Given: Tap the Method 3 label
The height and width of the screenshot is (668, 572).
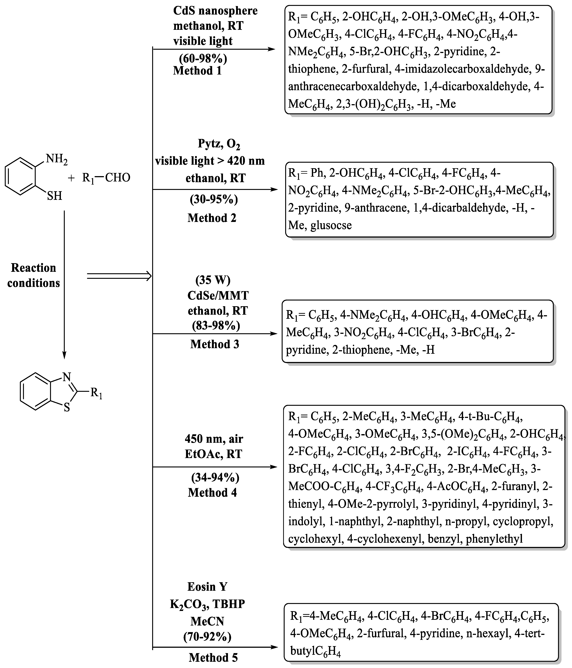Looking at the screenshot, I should click(x=215, y=344).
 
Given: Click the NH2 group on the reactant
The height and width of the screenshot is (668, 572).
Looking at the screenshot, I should click(x=57, y=159).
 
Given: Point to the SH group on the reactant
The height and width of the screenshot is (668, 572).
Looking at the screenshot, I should click(x=54, y=196).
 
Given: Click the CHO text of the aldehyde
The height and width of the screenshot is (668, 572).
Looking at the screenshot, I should click(x=118, y=178).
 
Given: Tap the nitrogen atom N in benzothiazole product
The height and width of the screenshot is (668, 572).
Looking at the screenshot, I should click(x=67, y=377).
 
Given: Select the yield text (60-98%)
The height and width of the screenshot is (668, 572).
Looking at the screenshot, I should click(x=203, y=58).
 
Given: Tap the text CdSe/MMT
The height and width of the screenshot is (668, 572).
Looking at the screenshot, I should click(x=218, y=295).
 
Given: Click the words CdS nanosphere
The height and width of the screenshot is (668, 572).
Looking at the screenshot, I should click(x=215, y=11).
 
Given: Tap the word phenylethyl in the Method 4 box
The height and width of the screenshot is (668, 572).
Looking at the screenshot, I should click(x=494, y=538).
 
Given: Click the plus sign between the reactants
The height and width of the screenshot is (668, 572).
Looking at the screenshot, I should click(x=71, y=178).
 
